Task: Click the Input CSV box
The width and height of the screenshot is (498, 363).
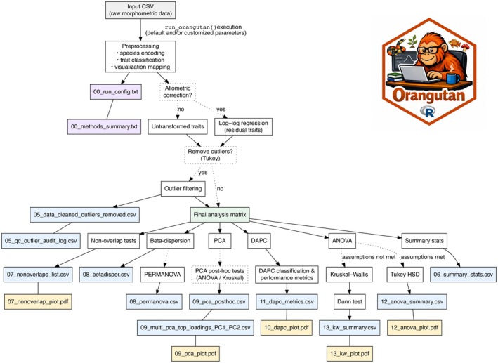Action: (140, 10)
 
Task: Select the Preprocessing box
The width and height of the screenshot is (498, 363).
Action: (140, 57)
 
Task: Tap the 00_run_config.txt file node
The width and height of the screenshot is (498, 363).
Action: (116, 92)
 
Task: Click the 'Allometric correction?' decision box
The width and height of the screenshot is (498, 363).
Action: (178, 92)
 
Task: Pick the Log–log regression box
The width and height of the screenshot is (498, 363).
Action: (243, 126)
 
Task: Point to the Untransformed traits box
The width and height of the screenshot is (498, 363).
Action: (178, 126)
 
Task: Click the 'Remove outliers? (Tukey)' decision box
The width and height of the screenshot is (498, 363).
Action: (210, 154)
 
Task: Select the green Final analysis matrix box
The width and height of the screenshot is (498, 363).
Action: (220, 215)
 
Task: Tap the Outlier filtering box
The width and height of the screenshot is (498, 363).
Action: (183, 189)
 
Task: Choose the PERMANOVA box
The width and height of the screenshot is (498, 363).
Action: (162, 275)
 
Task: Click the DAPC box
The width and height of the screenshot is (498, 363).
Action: (259, 241)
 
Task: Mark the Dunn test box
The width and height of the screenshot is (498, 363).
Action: (349, 302)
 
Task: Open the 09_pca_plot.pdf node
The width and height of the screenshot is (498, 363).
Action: (195, 353)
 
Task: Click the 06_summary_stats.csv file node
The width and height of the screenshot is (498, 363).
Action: (463, 275)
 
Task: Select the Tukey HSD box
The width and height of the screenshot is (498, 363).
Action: (405, 275)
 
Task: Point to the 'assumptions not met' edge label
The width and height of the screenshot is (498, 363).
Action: (369, 257)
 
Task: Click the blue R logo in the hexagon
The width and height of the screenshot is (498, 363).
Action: (428, 112)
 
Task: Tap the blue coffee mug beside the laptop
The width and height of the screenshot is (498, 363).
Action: (452, 78)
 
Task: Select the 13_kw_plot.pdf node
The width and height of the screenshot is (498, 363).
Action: (350, 353)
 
